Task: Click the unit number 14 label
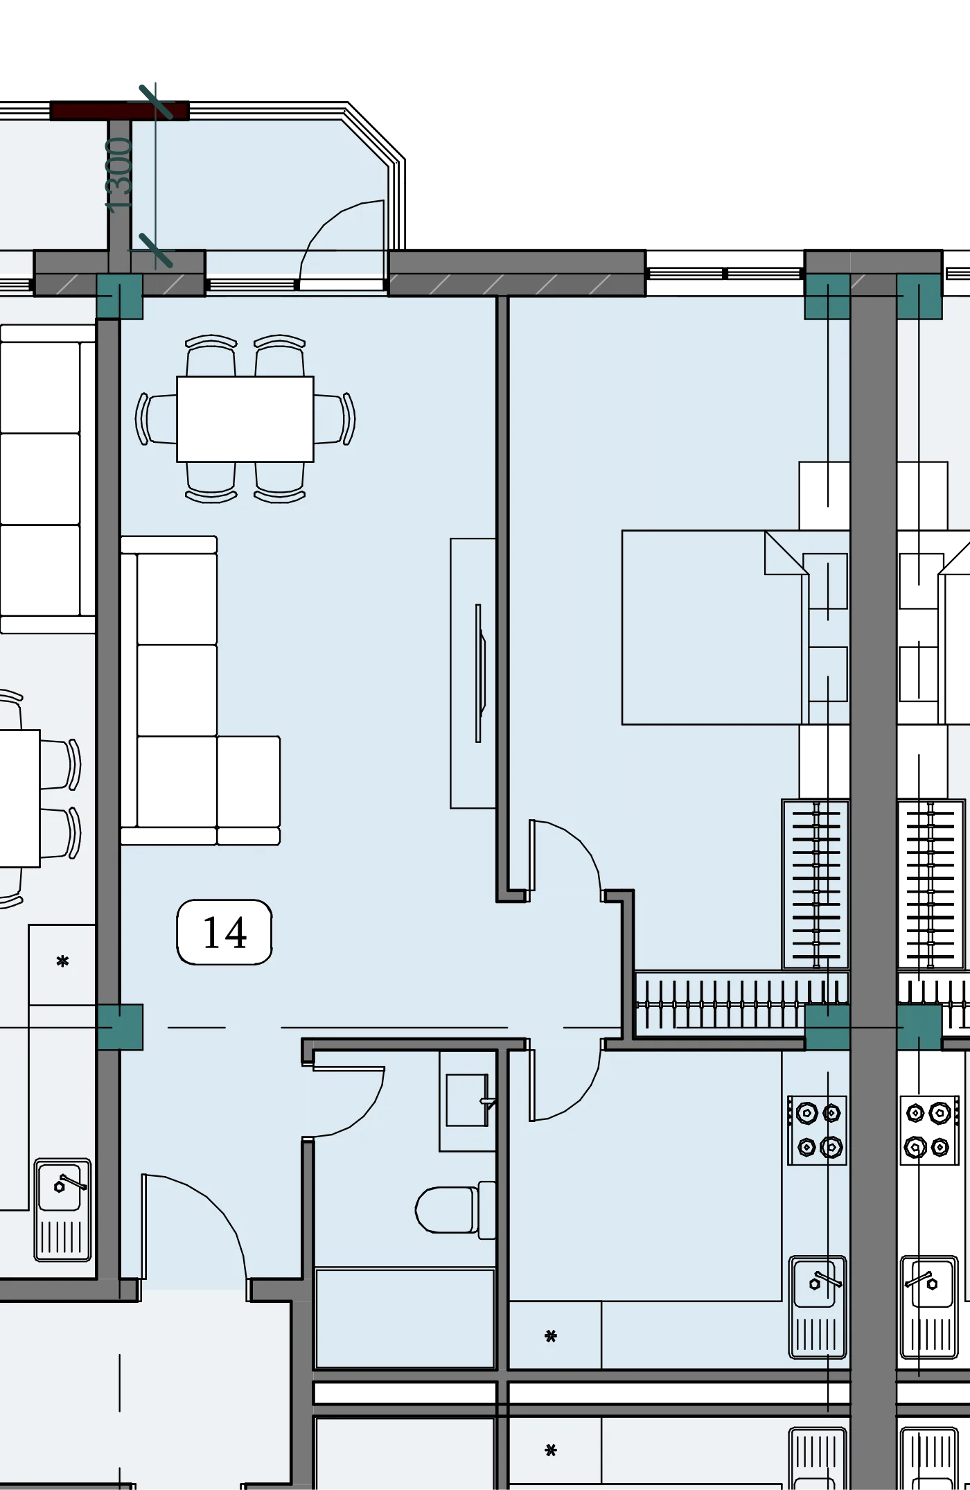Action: click(224, 932)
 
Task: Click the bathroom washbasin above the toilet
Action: click(468, 1101)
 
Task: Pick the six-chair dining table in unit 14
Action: click(245, 419)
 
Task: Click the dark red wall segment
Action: click(119, 111)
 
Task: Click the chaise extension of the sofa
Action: click(249, 790)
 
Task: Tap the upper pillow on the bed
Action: click(824, 581)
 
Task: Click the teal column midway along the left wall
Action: click(120, 1026)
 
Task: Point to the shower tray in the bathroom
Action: click(405, 1317)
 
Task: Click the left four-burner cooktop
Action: click(818, 1130)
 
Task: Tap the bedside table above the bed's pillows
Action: click(824, 496)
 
